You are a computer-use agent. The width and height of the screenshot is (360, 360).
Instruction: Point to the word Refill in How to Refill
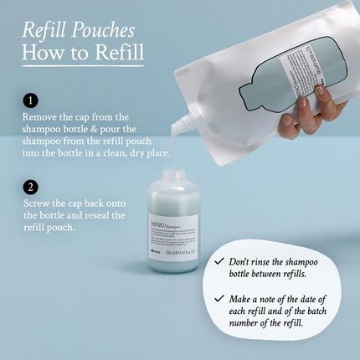tap(116, 54)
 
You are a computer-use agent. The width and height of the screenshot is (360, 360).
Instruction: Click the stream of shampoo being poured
tap(174, 147)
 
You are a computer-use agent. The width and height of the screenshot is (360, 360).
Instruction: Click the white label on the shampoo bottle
tap(172, 234)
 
